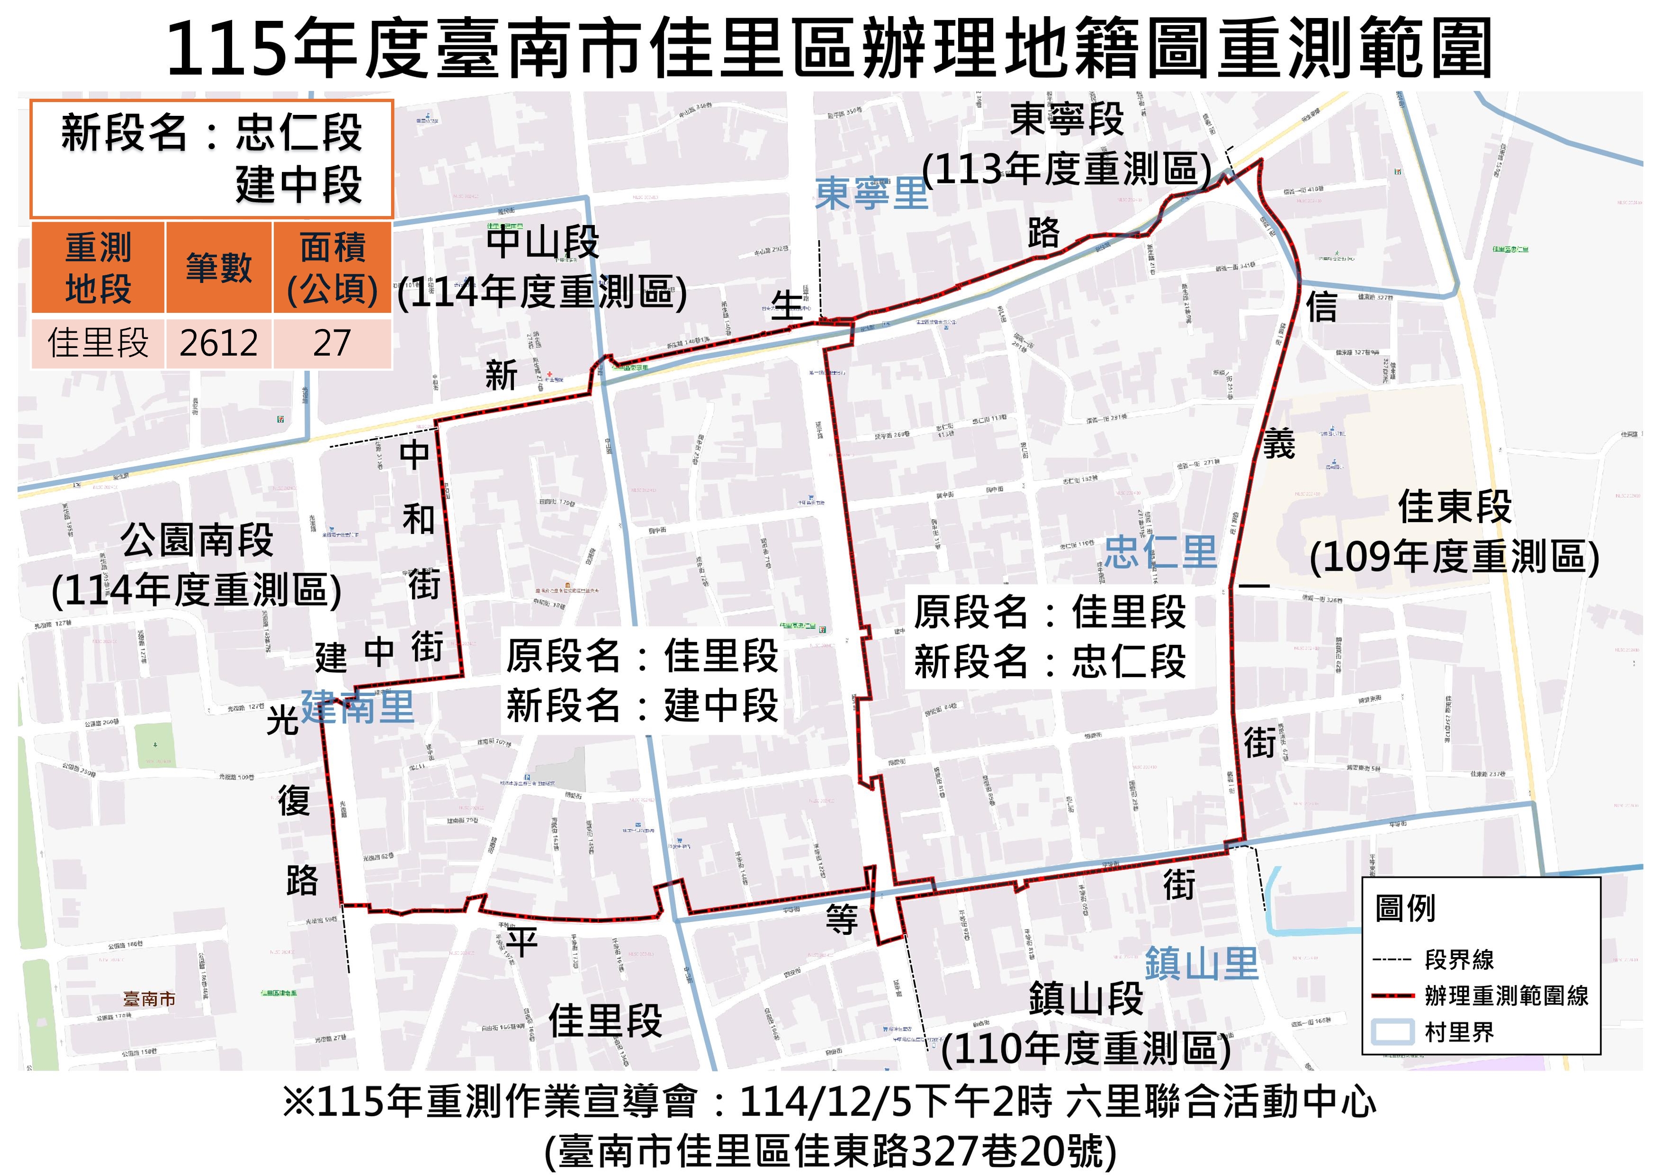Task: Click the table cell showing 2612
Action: coord(218,343)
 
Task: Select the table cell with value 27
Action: coord(332,343)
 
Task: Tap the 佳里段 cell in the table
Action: coord(98,343)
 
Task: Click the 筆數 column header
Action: coord(218,268)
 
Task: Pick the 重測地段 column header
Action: coord(98,268)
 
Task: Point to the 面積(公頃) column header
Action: coord(332,268)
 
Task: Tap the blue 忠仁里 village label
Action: coord(1160,554)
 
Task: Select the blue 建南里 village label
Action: coord(357,707)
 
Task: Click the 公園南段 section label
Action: coord(197,540)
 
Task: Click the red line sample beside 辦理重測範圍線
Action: coord(1392,996)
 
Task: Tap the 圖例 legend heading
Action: coord(1405,909)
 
